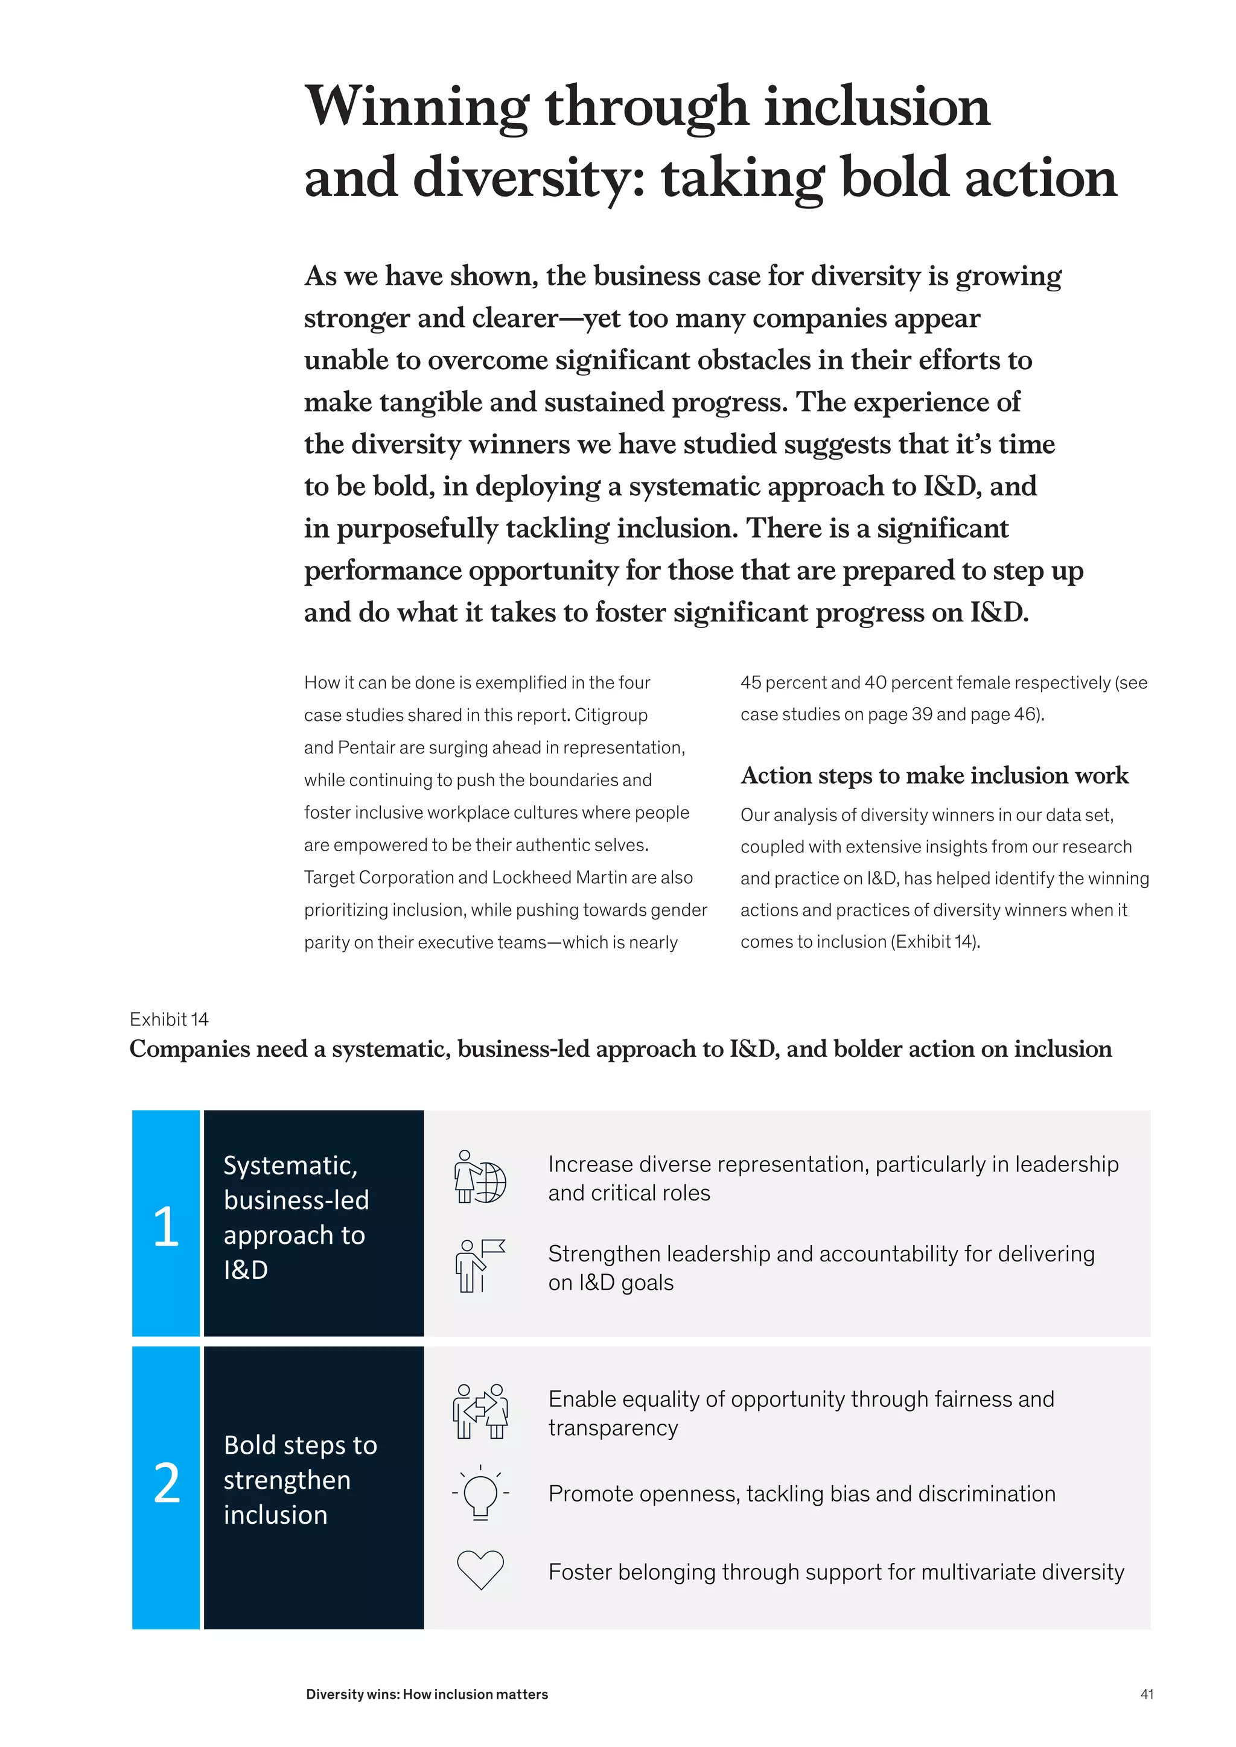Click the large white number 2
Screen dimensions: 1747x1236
(x=167, y=1483)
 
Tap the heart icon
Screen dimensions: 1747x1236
(x=480, y=1570)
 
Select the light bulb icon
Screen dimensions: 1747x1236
(x=480, y=1492)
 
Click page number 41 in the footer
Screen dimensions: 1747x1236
(x=1147, y=1695)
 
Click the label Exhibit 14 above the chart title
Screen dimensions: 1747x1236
(x=169, y=1019)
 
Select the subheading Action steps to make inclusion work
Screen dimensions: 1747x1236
(x=934, y=775)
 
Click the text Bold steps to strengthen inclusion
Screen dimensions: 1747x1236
(x=300, y=1480)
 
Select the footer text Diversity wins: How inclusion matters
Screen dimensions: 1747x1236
(x=427, y=1695)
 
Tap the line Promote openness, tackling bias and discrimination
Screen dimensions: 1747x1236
(x=801, y=1494)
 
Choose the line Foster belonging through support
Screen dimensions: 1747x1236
(x=836, y=1572)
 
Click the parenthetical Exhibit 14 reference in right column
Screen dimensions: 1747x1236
(x=935, y=942)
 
